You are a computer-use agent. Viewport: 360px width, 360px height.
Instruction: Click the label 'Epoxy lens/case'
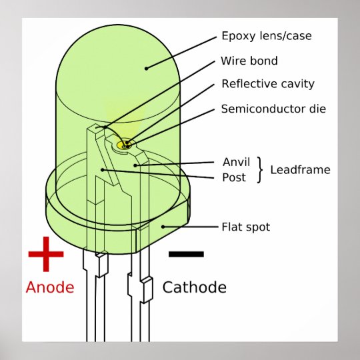click(267, 36)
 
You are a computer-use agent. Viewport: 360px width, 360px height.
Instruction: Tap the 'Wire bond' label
click(249, 61)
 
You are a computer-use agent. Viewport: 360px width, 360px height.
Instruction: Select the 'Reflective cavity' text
click(268, 84)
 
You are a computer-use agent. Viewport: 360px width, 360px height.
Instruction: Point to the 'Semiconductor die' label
click(273, 109)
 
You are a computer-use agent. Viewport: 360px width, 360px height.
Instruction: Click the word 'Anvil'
click(236, 162)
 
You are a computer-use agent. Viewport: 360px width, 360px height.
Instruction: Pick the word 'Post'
click(234, 177)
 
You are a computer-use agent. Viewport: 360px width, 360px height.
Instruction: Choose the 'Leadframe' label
click(300, 170)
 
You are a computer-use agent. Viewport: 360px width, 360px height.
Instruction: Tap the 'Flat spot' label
click(246, 227)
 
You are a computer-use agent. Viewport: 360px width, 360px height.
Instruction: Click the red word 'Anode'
click(50, 287)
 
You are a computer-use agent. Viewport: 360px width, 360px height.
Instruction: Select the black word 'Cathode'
click(195, 287)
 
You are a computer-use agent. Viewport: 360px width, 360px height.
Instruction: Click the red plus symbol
click(46, 254)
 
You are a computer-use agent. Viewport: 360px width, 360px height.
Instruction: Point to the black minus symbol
click(186, 254)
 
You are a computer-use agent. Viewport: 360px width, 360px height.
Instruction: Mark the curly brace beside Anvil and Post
click(260, 170)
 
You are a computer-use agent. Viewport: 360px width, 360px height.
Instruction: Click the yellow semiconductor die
click(124, 145)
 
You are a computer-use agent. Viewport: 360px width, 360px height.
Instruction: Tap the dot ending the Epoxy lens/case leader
click(146, 68)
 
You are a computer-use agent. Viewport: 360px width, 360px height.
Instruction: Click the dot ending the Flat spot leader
click(163, 227)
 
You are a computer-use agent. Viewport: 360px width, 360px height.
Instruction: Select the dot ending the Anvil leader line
click(135, 165)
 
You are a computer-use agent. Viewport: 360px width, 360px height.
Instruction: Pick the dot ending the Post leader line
click(103, 170)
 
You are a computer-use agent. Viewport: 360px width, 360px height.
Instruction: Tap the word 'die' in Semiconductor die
click(317, 109)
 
